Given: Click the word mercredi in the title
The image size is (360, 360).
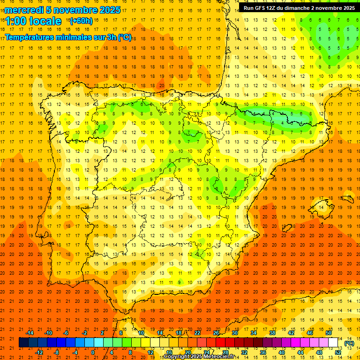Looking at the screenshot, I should coord(24,10).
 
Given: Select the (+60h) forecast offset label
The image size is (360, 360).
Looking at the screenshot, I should coord(81,21).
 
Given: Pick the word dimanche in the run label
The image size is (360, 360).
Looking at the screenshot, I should coord(306,8).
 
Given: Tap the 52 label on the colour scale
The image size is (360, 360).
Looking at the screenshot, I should coord(338,352).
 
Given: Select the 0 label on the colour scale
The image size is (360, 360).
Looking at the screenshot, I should coord(93,352).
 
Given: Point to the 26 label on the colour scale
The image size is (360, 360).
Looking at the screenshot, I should coord(216,333).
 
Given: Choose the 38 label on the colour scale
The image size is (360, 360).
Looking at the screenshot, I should coord(272,333).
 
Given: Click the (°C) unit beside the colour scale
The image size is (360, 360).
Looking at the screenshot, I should coord(349,343).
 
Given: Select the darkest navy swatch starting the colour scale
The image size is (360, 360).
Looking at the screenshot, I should coord(23,343).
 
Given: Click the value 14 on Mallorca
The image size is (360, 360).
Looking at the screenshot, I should coord(322,207).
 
